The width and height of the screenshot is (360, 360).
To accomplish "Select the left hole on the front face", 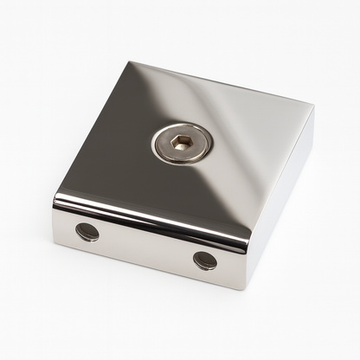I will pyautogui.click(x=87, y=232).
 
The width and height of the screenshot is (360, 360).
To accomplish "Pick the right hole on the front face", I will pyautogui.click(x=205, y=260).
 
